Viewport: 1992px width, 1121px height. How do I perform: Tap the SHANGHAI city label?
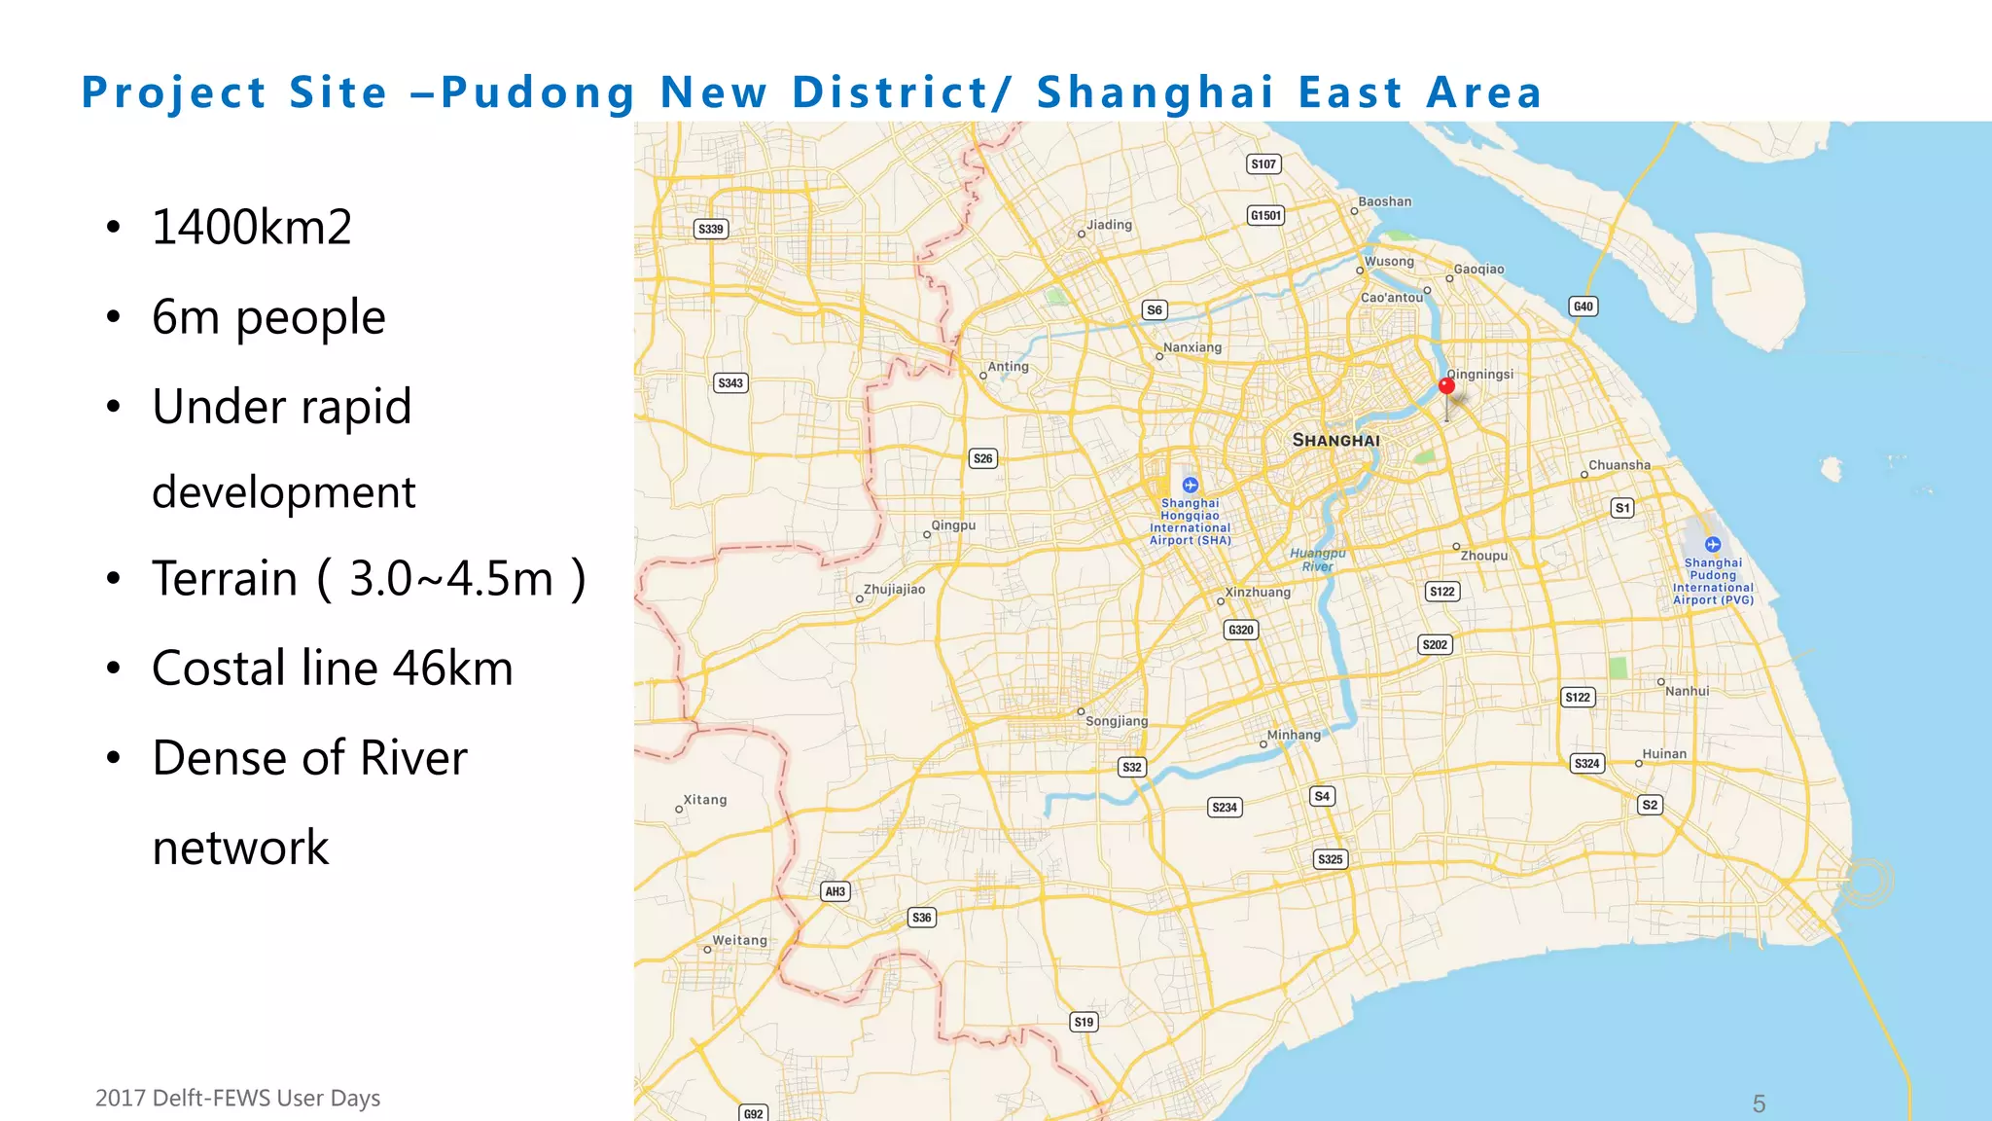[x=1335, y=441]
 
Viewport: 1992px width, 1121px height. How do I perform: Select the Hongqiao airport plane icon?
[x=1190, y=485]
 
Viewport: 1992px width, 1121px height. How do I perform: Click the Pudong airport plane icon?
[x=1713, y=545]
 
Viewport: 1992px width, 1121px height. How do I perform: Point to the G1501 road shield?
[x=1265, y=215]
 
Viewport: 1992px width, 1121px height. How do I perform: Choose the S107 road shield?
[x=1263, y=164]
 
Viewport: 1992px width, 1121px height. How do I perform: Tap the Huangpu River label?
[x=1317, y=560]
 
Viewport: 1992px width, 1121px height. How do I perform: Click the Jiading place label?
[x=1109, y=225]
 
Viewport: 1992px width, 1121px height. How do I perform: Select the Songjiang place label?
[x=1116, y=721]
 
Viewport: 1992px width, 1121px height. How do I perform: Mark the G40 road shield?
[x=1583, y=307]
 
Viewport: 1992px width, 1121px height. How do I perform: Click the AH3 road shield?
[x=835, y=891]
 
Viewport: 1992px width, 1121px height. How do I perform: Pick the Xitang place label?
[x=704, y=800]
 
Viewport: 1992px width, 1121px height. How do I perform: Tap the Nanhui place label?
[x=1686, y=691]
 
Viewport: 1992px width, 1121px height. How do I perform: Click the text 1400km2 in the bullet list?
[x=251, y=228]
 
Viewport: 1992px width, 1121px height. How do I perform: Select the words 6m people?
[x=268, y=317]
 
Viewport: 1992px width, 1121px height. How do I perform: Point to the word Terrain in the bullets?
[x=224, y=579]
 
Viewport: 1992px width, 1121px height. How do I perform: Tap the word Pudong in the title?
[x=538, y=93]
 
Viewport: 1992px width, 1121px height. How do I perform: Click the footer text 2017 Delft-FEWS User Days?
[x=237, y=1099]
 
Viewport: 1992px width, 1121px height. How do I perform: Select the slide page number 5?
[x=1759, y=1104]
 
